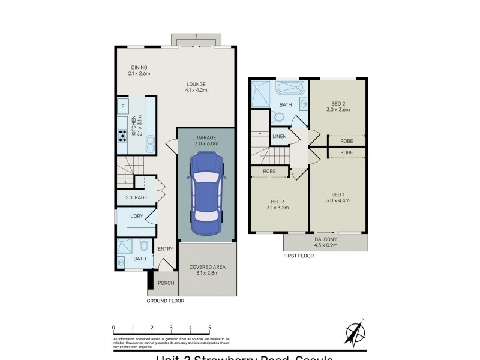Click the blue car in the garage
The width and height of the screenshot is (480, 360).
pyautogui.click(x=206, y=196)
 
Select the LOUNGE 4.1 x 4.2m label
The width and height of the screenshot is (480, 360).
pyautogui.click(x=196, y=87)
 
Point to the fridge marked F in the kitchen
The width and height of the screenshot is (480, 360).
pyautogui.click(x=123, y=107)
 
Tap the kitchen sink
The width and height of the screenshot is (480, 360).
pyautogui.click(x=151, y=143)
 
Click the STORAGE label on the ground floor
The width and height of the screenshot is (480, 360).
pyautogui.click(x=136, y=197)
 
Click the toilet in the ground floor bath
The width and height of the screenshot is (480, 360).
pyautogui.click(x=144, y=245)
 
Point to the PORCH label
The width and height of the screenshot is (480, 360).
pyautogui.click(x=166, y=283)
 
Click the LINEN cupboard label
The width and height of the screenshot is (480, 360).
pyautogui.click(x=280, y=137)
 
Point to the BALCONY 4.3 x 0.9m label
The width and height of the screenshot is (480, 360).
pyautogui.click(x=326, y=242)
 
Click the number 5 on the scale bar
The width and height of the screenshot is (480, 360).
pyautogui.click(x=209, y=328)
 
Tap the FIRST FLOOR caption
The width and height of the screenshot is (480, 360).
pyautogui.click(x=298, y=256)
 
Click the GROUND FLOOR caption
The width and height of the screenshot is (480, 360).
pyautogui.click(x=166, y=301)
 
